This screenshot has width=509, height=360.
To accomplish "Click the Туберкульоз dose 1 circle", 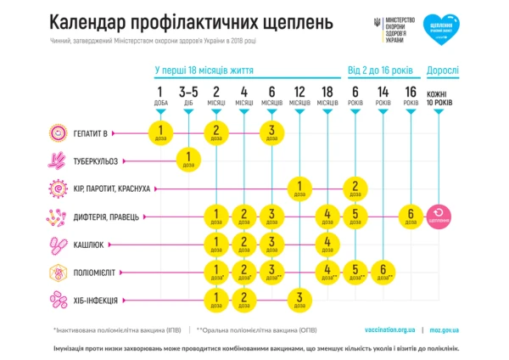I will [187, 159].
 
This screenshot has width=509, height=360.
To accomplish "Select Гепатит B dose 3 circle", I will [271, 132].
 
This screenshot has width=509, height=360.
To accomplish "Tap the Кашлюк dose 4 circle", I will [327, 244].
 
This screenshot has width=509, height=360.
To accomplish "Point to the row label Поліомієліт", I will [100, 272].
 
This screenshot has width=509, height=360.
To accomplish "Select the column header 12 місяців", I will [299, 96].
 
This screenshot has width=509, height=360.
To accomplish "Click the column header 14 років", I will [383, 96].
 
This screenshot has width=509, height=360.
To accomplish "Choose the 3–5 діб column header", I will [187, 96].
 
